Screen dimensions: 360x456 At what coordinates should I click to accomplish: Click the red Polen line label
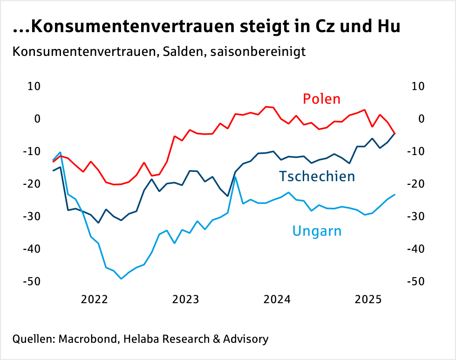pyautogui.click(x=321, y=99)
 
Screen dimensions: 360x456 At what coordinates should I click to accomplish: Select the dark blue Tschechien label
pyautogui.click(x=317, y=177)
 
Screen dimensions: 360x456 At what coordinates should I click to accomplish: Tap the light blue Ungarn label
pyautogui.click(x=317, y=231)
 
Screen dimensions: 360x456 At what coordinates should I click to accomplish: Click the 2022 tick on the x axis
pyautogui.click(x=95, y=299)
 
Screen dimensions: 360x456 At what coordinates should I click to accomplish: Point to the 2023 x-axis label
pyautogui.click(x=186, y=299)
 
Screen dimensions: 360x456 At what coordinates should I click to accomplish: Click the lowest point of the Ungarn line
pyautogui.click(x=121, y=278)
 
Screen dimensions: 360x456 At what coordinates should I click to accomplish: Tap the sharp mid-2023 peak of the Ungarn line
pyautogui.click(x=236, y=177)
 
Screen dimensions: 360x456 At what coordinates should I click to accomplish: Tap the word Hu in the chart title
pyautogui.click(x=387, y=27)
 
